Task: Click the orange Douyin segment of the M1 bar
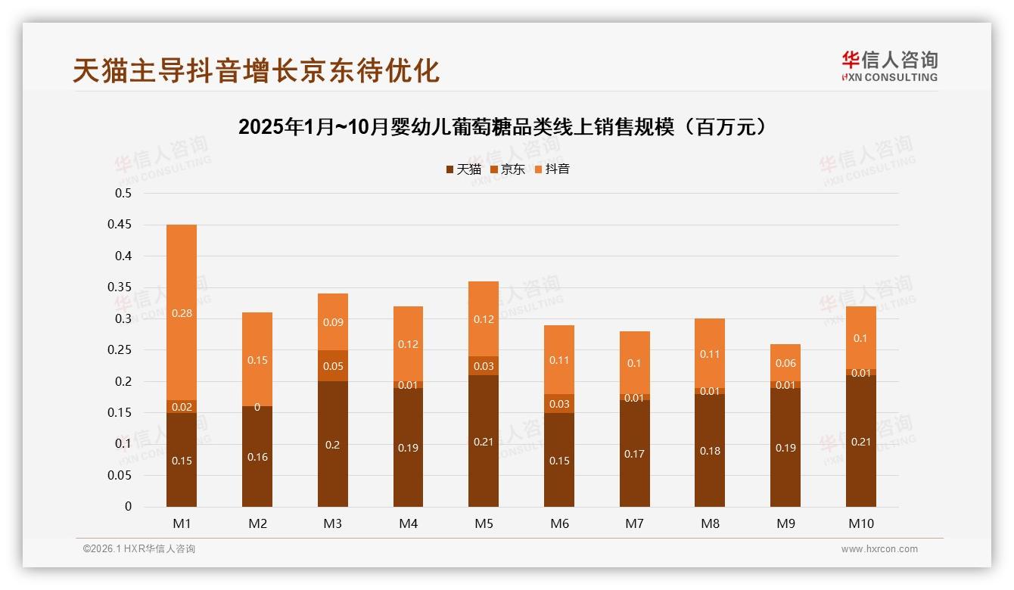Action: pyautogui.click(x=182, y=312)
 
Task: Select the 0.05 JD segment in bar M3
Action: pyautogui.click(x=333, y=365)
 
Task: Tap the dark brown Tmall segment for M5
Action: pyautogui.click(x=484, y=441)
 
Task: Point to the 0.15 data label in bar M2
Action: pyautogui.click(x=257, y=360)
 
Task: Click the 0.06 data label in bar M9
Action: pyautogui.click(x=785, y=363)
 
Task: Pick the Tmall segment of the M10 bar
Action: pyautogui.click(x=861, y=441)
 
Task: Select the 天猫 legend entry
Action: pyautogui.click(x=463, y=169)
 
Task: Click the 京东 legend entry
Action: pyautogui.click(x=507, y=169)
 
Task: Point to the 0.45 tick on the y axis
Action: pyautogui.click(x=123, y=225)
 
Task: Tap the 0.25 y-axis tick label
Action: pyautogui.click(x=123, y=350)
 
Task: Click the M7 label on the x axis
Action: pyautogui.click(x=634, y=523)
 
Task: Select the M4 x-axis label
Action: pyautogui.click(x=408, y=523)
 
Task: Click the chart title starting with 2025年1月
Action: pyautogui.click(x=506, y=127)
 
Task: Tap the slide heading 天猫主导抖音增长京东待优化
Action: pyautogui.click(x=256, y=70)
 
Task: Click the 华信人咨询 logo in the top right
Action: pyautogui.click(x=889, y=66)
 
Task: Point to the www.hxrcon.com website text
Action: pyautogui.click(x=879, y=549)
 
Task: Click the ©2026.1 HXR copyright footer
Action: pyautogui.click(x=139, y=549)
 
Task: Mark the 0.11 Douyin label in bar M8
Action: pyautogui.click(x=710, y=353)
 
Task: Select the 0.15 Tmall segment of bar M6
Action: pyautogui.click(x=559, y=461)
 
